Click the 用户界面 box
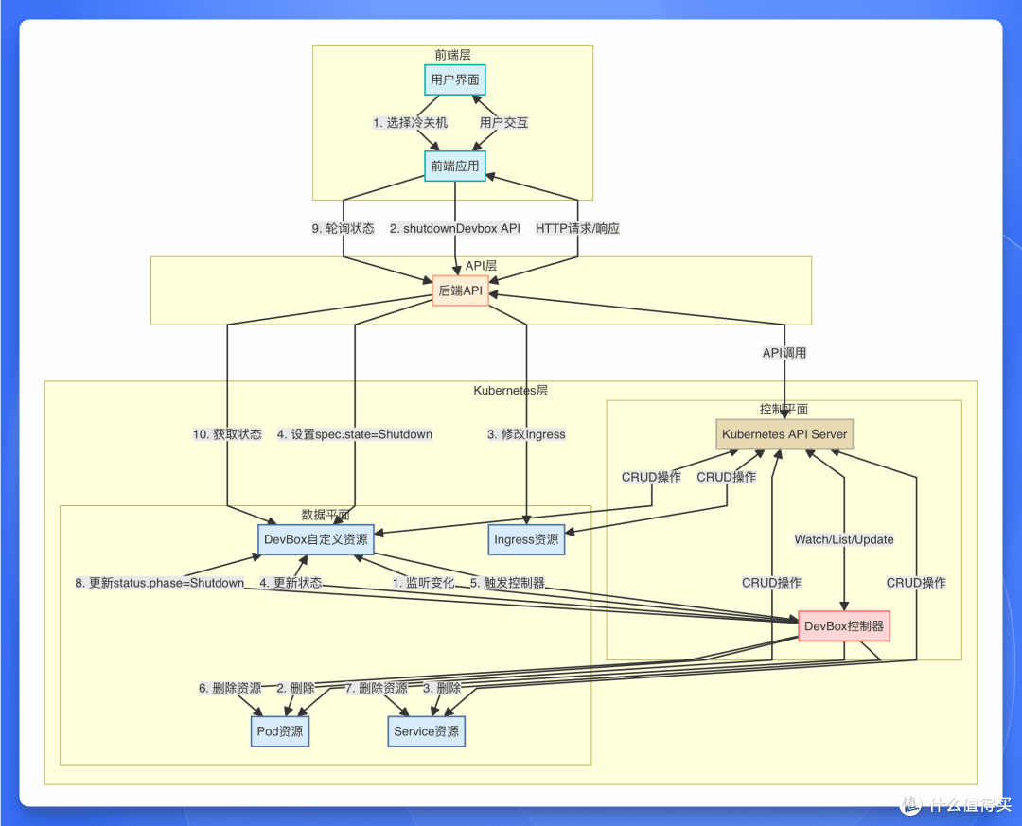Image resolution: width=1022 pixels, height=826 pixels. click(455, 79)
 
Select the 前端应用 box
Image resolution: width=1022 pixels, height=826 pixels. click(455, 167)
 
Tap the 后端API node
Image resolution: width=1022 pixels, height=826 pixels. click(460, 290)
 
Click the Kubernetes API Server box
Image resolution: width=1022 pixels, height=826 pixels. click(784, 434)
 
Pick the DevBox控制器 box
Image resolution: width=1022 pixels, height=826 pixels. click(844, 625)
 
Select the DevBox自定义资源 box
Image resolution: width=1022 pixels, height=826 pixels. click(316, 540)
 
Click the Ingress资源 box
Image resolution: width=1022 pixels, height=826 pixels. click(526, 540)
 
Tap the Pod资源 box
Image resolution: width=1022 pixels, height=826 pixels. click(279, 731)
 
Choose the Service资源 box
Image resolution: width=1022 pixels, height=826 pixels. click(426, 731)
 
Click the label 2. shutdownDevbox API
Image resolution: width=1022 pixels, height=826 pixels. click(455, 228)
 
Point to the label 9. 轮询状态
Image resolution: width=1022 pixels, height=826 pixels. click(343, 228)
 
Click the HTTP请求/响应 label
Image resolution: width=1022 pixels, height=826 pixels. click(577, 228)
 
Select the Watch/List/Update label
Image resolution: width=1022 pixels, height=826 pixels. click(844, 539)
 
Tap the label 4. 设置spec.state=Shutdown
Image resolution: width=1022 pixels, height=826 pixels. click(355, 434)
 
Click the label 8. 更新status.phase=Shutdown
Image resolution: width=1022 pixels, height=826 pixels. click(160, 582)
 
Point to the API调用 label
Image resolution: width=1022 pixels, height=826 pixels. click(784, 353)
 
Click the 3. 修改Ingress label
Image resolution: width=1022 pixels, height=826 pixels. click(526, 434)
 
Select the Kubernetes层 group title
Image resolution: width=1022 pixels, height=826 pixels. click(510, 391)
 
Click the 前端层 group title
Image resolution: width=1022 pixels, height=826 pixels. click(453, 55)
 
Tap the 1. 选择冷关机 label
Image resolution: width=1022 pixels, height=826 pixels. click(410, 123)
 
